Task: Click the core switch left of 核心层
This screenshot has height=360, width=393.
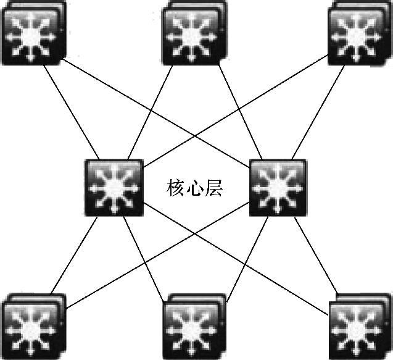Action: pos(113,187)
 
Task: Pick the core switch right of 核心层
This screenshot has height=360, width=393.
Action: pos(278,187)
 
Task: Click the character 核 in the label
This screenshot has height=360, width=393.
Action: pos(176,188)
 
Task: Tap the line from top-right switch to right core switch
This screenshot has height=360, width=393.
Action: pos(315,111)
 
